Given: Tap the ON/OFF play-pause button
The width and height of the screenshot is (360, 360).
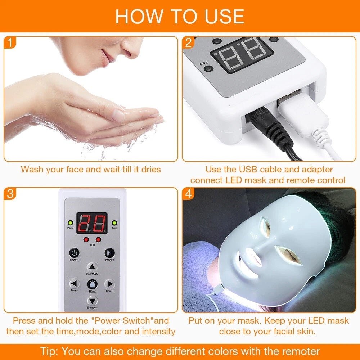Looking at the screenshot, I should [x=109, y=253].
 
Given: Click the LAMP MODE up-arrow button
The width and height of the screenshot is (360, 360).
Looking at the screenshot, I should [x=92, y=267].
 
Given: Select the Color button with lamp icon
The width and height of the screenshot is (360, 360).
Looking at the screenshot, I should [x=92, y=284].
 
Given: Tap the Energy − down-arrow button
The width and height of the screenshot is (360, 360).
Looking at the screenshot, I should [x=92, y=300].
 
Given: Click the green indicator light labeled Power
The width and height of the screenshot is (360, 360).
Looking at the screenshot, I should [x=70, y=223].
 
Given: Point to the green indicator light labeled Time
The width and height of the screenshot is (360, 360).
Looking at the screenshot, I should [x=114, y=223].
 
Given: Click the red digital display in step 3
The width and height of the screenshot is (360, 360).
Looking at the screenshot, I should [x=92, y=223].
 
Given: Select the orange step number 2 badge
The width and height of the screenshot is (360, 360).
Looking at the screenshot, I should [x=188, y=43].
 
